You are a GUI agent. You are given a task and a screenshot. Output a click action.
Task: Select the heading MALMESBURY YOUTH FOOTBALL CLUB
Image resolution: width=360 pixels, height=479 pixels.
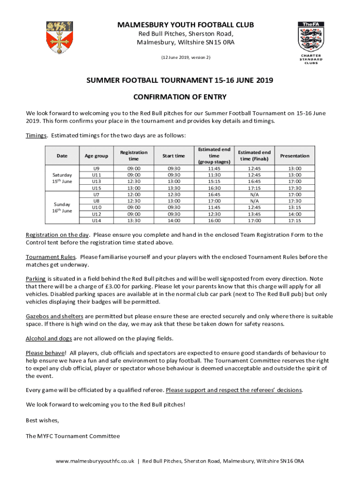186,25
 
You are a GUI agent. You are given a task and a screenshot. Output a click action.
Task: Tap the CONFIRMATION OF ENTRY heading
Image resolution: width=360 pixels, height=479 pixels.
180,97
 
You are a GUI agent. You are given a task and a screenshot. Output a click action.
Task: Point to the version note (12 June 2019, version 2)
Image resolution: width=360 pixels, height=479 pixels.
186,58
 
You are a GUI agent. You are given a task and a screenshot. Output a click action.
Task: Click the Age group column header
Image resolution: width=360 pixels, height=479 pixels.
96,156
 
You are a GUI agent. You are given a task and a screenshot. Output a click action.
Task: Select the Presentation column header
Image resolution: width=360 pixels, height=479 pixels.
295,156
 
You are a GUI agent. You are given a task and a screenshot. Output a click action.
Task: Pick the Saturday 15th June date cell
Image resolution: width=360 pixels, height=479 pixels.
62,178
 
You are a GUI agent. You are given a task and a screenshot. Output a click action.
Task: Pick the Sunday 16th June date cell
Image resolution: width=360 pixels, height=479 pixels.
62,207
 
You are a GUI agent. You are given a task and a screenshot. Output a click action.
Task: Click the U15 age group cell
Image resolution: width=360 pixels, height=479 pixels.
96,188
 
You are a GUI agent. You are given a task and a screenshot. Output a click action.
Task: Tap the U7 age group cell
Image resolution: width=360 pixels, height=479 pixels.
96,195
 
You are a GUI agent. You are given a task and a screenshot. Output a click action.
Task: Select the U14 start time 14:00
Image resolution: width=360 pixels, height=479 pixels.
173,221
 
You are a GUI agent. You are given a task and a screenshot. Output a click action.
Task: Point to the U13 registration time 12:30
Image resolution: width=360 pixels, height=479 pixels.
134,181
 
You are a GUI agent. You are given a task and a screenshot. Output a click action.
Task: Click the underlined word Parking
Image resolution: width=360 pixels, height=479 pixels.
36,279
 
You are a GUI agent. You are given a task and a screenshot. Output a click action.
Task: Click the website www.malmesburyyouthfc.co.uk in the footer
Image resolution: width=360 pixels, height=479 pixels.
95,461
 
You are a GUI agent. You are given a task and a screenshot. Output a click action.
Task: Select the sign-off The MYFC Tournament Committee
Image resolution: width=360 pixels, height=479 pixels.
72,436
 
